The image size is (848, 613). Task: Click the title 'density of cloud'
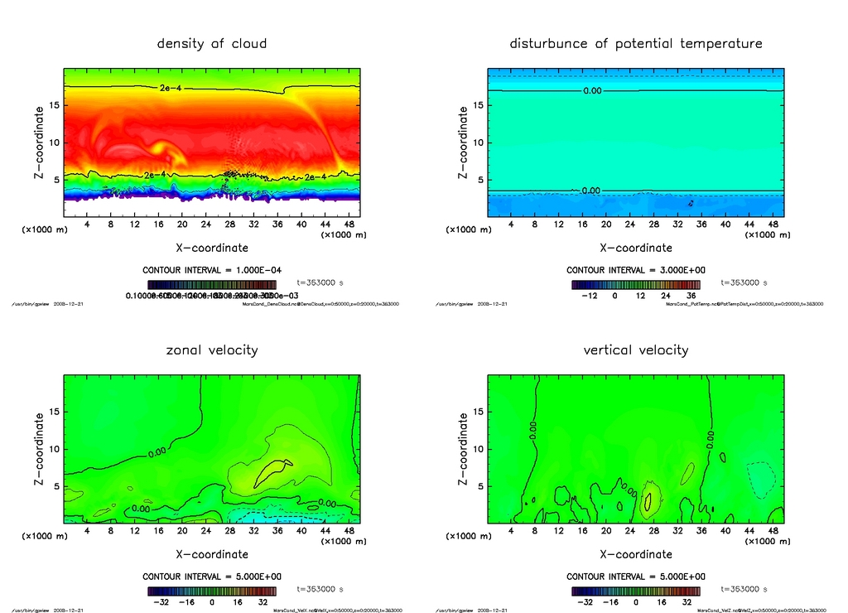tap(212, 43)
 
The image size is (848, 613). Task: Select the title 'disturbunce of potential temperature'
tap(635, 43)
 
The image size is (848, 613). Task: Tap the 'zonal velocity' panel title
tap(212, 350)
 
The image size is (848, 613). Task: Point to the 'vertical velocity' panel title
tap(635, 350)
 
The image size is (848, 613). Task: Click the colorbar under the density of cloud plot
tap(212, 283)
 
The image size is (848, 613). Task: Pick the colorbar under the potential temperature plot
tap(635, 283)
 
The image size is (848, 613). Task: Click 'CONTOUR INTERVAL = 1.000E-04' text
tap(212, 270)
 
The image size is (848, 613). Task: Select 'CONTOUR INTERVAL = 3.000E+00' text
tap(635, 270)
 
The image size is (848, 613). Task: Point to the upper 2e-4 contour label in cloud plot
tap(170, 87)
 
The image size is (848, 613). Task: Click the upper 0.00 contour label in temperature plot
tap(591, 90)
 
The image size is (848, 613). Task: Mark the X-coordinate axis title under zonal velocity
tap(212, 553)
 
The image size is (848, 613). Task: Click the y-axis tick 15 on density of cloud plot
tap(52, 105)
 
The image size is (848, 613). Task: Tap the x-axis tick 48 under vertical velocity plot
tap(773, 531)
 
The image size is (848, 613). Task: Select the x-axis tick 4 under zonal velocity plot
tap(87, 531)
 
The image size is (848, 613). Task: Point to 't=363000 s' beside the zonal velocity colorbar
tap(319, 589)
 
